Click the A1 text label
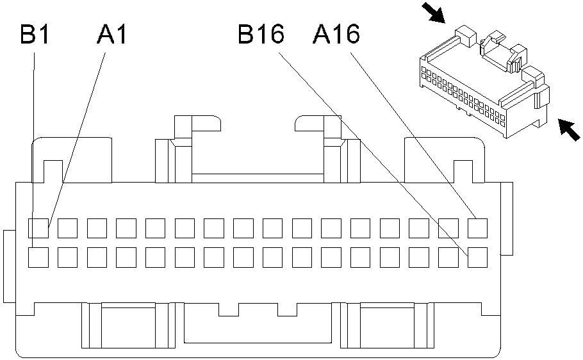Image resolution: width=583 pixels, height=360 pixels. pos(112,35)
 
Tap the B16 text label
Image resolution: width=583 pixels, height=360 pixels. pos(261,35)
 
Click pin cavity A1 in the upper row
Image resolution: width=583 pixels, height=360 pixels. pos(38,227)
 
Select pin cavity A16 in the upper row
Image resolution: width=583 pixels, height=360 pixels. pos(478,227)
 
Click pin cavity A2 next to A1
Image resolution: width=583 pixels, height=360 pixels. pos(68,227)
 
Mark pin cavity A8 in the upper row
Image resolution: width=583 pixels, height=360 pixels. pos(243,227)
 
